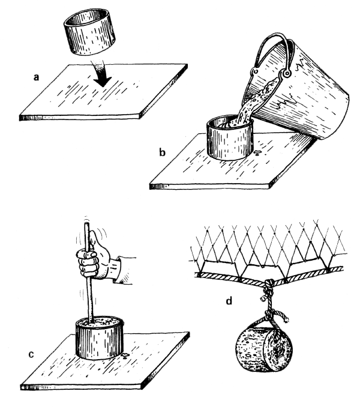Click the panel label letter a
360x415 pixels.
coord(37,77)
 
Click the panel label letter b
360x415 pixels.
coord(162,152)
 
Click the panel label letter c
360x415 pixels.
coord(31,354)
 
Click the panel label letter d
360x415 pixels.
coord(229,301)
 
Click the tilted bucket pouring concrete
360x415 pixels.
coord(299,87)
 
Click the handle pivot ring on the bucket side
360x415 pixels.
coord(286,73)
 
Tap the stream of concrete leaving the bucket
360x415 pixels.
coord(248,106)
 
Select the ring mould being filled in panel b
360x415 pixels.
coord(230,138)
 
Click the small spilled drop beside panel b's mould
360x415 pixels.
coord(257,152)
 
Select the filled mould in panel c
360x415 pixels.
coord(100,338)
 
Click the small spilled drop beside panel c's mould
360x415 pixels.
coord(125,356)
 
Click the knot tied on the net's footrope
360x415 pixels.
coord(269,285)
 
